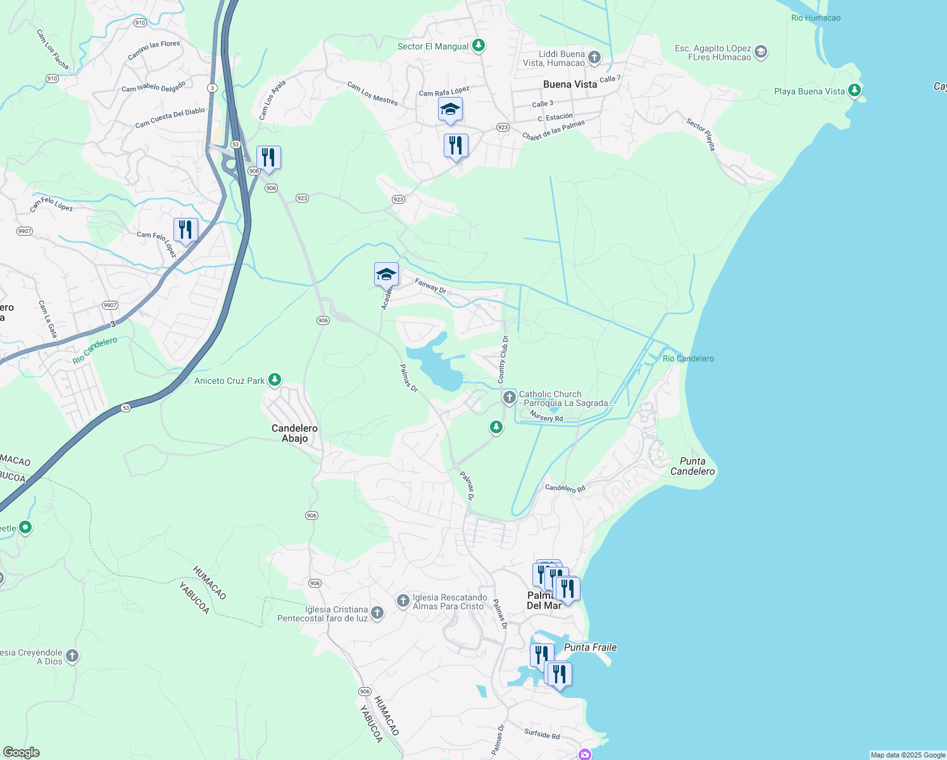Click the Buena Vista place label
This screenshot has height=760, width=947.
pos(570,84)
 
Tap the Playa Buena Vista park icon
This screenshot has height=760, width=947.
pos(855,91)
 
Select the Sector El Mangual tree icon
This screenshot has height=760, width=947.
pos(479,46)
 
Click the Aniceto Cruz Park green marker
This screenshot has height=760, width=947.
pos(274,380)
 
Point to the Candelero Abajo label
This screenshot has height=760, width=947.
pos(294,433)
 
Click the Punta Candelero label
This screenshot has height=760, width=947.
pos(693,466)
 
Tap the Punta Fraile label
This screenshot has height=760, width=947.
pos(590,647)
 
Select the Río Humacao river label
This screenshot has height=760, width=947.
pos(815,18)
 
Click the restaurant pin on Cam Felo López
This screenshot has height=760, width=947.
pos(185,230)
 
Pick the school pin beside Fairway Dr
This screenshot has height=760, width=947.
pos(386,275)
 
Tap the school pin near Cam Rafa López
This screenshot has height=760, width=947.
pos(450,110)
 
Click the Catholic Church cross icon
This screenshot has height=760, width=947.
pos(509,398)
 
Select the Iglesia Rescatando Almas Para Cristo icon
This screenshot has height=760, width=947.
pos(403,600)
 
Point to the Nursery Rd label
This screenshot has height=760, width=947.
pos(546,417)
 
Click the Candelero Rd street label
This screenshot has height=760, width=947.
pos(565,488)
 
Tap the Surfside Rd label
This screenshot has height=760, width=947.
pos(542,733)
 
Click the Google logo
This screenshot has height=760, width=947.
pos(22,752)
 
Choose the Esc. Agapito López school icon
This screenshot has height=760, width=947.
pos(761,52)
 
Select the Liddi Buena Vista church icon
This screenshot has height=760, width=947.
pos(594,58)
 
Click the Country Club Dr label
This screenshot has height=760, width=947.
pos(503,359)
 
